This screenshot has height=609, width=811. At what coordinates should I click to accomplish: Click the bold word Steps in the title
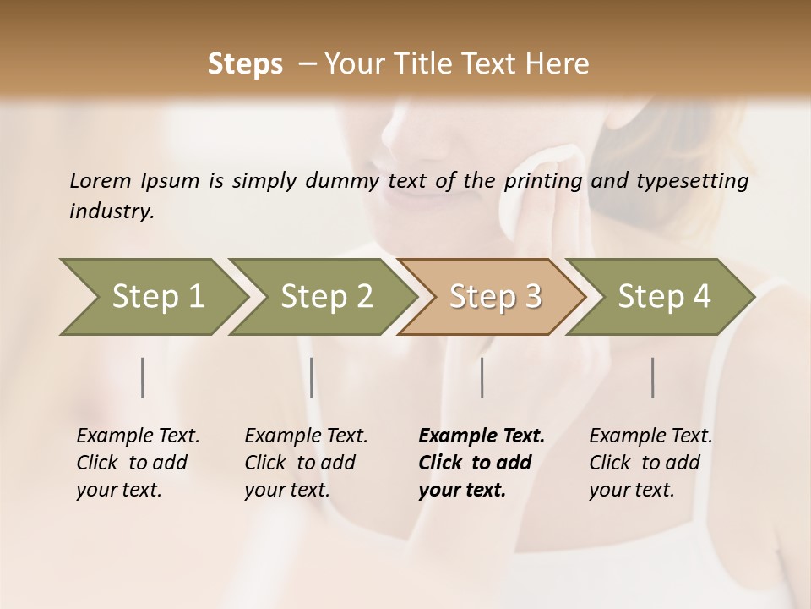pos(245,64)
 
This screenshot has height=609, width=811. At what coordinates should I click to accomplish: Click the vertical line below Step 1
pos(143,377)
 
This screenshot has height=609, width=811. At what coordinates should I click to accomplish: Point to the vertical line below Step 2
pos(312,377)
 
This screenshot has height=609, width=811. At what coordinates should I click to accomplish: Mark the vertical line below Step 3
pos(482,377)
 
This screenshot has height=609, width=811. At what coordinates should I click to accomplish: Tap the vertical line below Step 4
pos(653,377)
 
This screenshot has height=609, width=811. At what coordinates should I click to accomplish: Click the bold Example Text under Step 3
pos(482,436)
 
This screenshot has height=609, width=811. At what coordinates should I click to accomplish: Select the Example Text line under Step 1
pos(138,436)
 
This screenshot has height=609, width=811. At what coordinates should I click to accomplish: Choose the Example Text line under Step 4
pos(650,436)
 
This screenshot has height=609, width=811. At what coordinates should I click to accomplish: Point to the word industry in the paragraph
pos(112,211)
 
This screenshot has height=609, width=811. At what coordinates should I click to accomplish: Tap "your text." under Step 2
pos(287,490)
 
